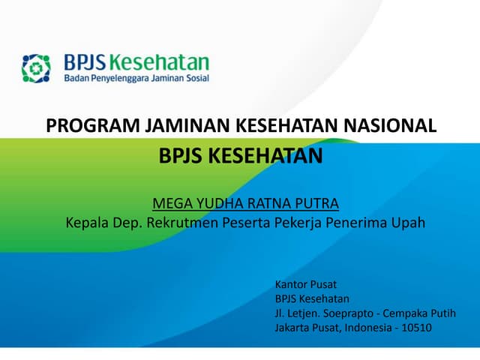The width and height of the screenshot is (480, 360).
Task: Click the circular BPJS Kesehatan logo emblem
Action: pyautogui.click(x=35, y=67)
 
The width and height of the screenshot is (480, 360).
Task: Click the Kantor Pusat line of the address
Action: pyautogui.click(x=306, y=284)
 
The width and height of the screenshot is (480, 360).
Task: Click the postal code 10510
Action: pyautogui.click(x=417, y=327)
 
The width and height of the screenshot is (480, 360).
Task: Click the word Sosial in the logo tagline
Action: pyautogui.click(x=195, y=78)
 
